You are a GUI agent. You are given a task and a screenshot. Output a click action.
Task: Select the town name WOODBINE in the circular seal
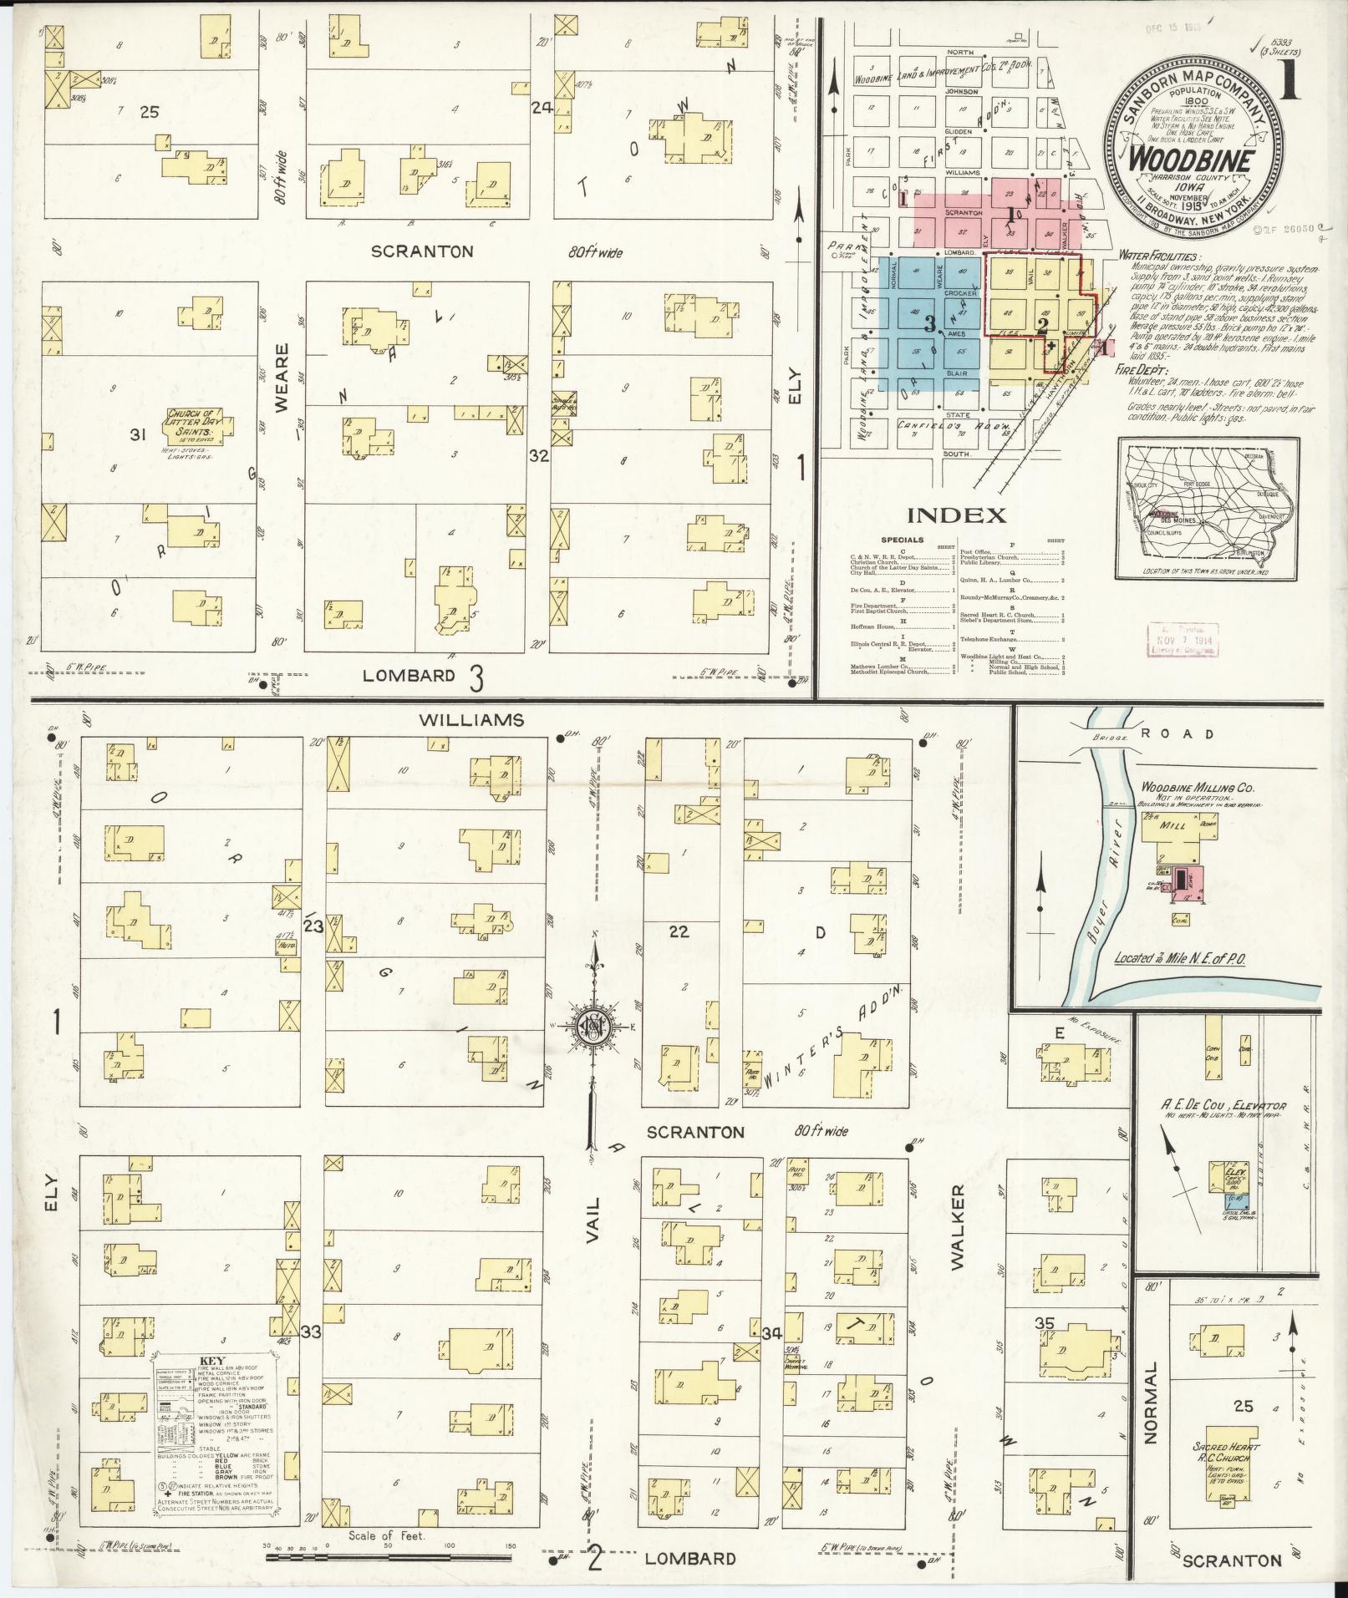1191,159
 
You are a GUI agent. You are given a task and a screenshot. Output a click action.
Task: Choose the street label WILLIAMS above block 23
471,719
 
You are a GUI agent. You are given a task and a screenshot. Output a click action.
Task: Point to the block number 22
679,931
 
